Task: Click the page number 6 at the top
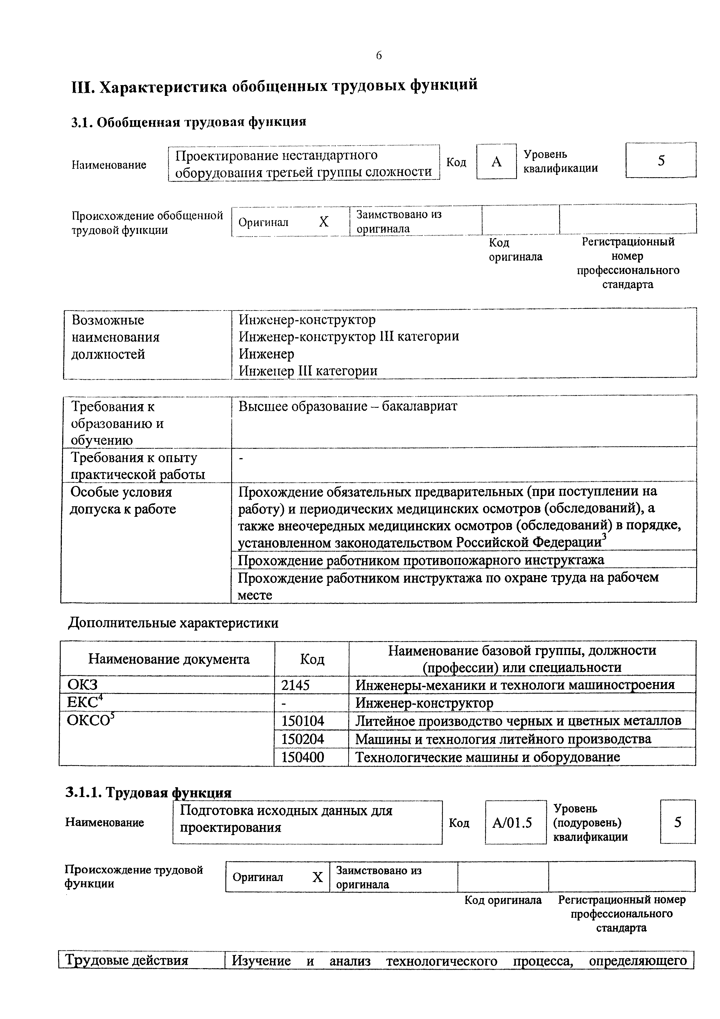click(378, 55)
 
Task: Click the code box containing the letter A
click(496, 162)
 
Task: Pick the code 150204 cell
click(303, 739)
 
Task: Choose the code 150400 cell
click(303, 757)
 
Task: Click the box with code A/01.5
click(512, 823)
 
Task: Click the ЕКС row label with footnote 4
click(84, 703)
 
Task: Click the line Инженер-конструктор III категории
click(349, 336)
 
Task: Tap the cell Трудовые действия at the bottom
click(127, 961)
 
